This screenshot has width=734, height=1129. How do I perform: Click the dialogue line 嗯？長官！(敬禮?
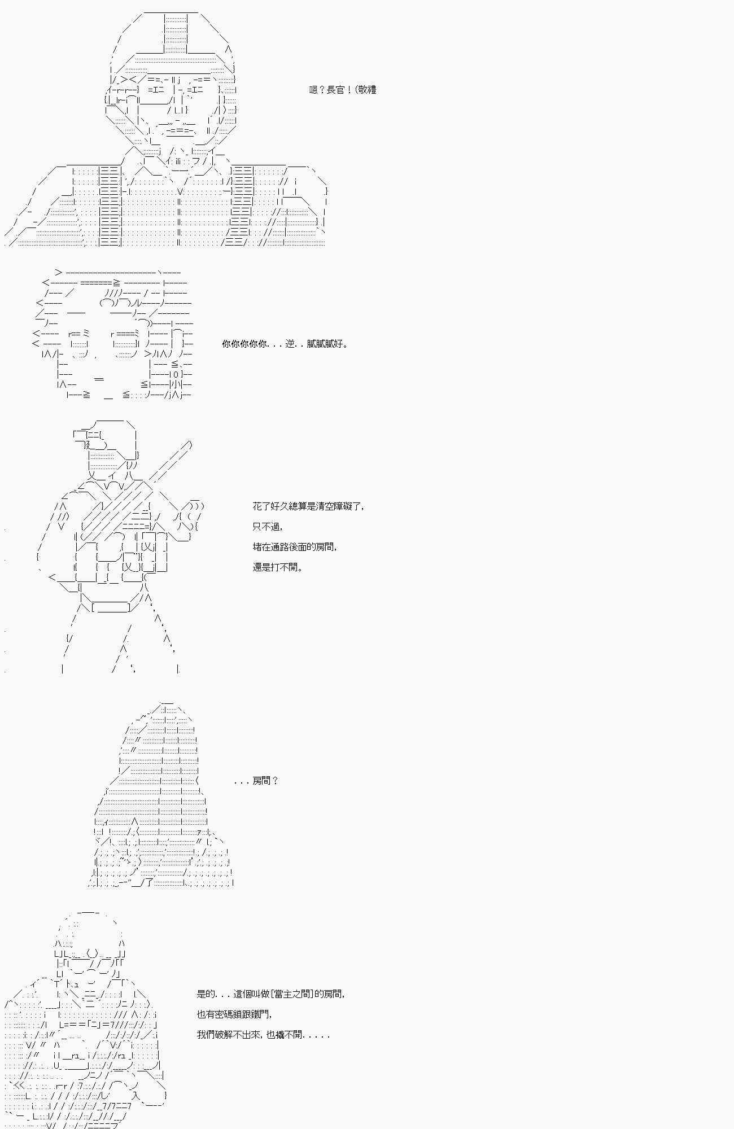pyautogui.click(x=342, y=90)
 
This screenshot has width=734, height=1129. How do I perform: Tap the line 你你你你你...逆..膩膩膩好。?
pyautogui.click(x=285, y=344)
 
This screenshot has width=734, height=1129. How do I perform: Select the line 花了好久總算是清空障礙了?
pyautogui.click(x=308, y=506)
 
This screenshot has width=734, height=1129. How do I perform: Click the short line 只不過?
pyautogui.click(x=268, y=527)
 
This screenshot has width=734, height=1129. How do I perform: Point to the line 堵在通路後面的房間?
pyautogui.click(x=295, y=547)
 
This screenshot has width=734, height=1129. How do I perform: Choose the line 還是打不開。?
pyautogui.click(x=278, y=567)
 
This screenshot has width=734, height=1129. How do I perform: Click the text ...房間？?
pyautogui.click(x=256, y=781)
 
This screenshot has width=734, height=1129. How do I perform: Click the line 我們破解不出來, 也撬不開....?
pyautogui.click(x=263, y=1035)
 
